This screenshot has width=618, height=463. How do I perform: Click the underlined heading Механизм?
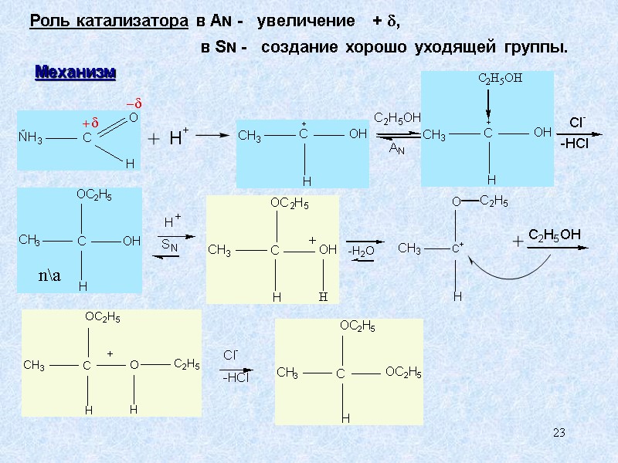coord(76,73)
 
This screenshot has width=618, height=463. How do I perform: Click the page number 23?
coord(559,434)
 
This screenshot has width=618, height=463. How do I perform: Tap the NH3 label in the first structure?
coord(31,139)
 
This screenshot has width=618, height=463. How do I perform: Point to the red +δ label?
coord(91,124)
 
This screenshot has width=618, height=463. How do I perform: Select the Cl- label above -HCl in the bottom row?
coord(231,355)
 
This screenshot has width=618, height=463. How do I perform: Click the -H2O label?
coord(361,251)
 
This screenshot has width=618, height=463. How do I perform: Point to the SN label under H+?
coord(169,245)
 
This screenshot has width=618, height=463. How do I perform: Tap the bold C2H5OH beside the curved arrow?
coord(554,235)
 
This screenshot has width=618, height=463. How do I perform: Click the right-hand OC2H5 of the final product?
coord(403,373)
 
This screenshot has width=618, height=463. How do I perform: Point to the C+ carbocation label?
coord(457,248)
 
